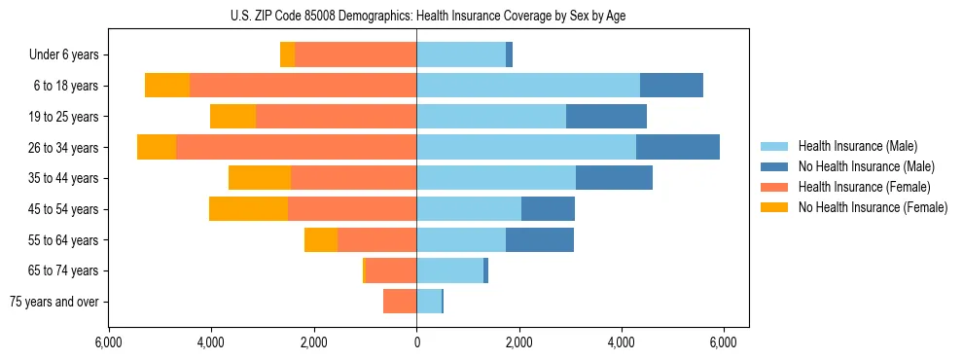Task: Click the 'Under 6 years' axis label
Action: pos(64,55)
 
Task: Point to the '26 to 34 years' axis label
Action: pos(64,148)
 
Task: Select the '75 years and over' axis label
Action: pos(54,302)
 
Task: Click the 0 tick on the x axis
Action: pos(416,342)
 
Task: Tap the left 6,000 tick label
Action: pos(109,342)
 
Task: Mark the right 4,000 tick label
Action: pos(622,342)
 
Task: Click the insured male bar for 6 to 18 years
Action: pos(528,86)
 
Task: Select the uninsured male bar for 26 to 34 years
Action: pos(678,147)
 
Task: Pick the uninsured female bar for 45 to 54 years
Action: pos(248,209)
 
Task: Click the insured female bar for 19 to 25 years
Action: pos(336,117)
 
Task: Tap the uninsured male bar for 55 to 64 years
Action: pos(540,239)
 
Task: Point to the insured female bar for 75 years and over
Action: pos(400,302)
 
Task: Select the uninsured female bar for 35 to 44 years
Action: pos(260,178)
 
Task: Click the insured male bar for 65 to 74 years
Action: pos(449,270)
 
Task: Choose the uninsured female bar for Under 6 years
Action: pos(287,54)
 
